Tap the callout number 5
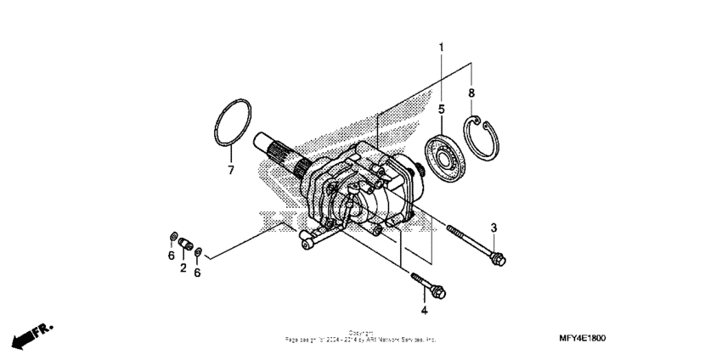[x=442, y=109]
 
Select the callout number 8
[x=472, y=92]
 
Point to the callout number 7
[x=229, y=170]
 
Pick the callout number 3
[x=494, y=227]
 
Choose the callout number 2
[x=183, y=267]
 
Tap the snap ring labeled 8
[x=486, y=135]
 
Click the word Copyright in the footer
[x=361, y=333]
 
